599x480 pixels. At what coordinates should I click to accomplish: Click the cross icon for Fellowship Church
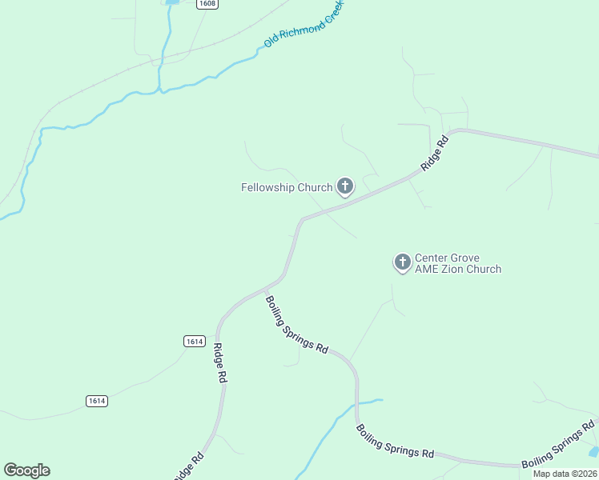pos(345,186)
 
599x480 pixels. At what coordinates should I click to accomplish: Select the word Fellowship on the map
pos(268,188)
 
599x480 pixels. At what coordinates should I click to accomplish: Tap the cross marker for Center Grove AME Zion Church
pos(402,262)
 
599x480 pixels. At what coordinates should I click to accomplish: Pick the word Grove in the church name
pos(464,258)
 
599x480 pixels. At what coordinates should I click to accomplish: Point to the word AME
pos(427,270)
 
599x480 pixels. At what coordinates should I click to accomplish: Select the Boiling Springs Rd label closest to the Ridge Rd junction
pos(297,326)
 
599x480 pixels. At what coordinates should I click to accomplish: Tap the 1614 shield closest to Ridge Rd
pos(194,341)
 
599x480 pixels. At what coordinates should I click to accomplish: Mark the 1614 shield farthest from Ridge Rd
pos(97,401)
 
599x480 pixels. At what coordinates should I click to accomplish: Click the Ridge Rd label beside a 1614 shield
pos(219,364)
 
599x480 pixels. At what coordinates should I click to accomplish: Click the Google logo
pos(26,470)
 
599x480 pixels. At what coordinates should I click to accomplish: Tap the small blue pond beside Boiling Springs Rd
pos(593,451)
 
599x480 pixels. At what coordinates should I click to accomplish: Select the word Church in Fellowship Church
pos(315,188)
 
